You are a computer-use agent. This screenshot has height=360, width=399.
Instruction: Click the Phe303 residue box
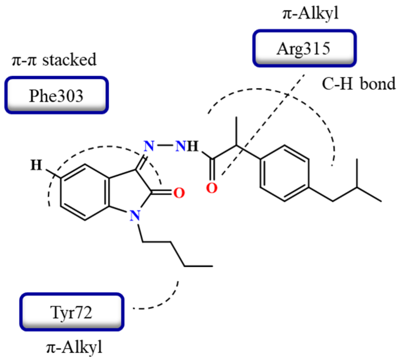pyautogui.click(x=56, y=95)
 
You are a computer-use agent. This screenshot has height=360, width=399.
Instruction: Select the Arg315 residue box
pyautogui.click(x=304, y=49)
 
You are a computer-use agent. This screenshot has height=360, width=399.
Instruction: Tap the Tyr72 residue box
pyautogui.click(x=72, y=312)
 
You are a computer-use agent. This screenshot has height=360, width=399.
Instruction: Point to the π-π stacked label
pyautogui.click(x=54, y=60)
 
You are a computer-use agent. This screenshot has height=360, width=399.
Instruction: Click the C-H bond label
pyautogui.click(x=358, y=84)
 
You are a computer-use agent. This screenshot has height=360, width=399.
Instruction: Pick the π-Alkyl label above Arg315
pyautogui.click(x=310, y=14)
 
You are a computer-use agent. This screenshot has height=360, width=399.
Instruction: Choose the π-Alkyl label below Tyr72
pyautogui.click(x=74, y=348)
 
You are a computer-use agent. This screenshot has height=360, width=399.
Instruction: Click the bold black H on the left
pyautogui.click(x=36, y=165)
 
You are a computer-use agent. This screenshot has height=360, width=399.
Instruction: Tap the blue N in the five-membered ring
pyautogui.click(x=135, y=215)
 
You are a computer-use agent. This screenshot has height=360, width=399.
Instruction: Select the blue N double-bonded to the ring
pyautogui.click(x=149, y=146)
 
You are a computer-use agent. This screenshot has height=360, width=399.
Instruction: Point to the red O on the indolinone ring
pyautogui.click(x=179, y=193)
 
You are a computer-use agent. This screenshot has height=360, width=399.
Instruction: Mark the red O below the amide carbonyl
pyautogui.click(x=211, y=188)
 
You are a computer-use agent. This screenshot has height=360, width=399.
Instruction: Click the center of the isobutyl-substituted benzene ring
pyautogui.click(x=284, y=173)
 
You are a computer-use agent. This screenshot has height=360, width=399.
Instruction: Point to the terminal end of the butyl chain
pyautogui.click(x=212, y=266)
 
